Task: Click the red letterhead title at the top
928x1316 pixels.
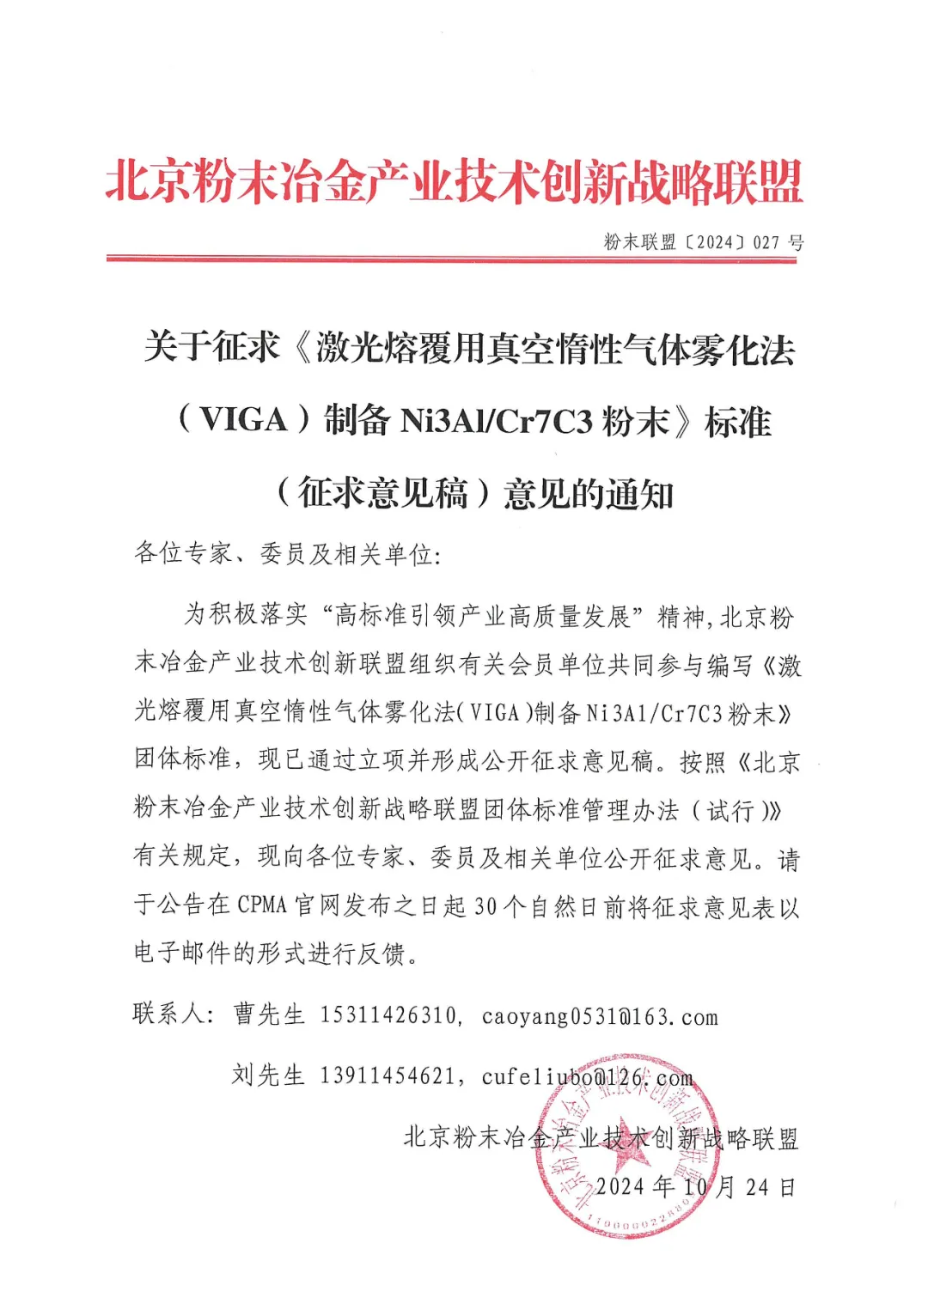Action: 455,182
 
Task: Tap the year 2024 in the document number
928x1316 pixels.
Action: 714,242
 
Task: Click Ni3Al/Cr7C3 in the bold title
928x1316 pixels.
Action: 497,421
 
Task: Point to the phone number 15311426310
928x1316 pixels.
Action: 388,1015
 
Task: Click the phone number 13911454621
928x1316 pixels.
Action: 388,1075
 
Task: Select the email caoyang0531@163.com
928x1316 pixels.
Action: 599,1017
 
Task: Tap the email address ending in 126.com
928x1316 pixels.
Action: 587,1077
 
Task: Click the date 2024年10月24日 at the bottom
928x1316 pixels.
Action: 696,1187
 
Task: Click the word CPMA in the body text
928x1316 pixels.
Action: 262,905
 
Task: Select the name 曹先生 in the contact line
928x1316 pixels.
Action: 269,1015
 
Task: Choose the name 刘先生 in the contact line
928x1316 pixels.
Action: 268,1075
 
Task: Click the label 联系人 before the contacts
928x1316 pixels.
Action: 168,1014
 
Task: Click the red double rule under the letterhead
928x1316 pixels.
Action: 452,259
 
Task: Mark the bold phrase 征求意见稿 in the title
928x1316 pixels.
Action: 383,494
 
